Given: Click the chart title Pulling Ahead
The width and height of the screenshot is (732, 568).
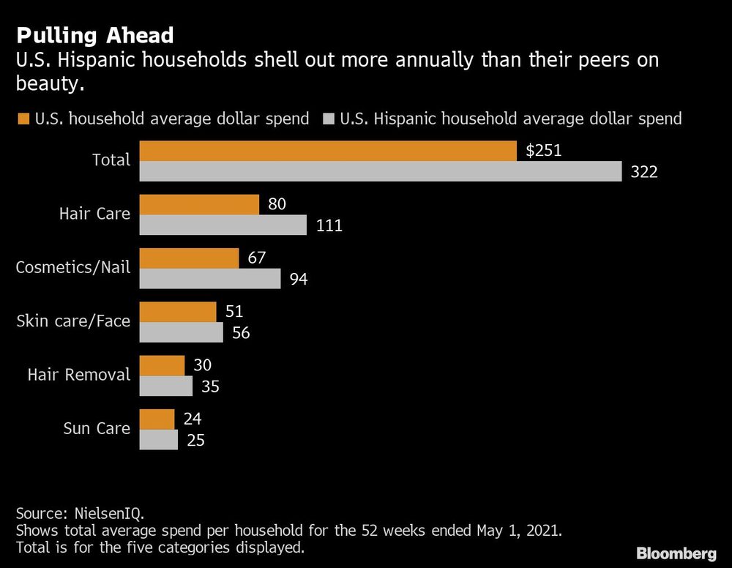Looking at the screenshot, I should coord(95,35).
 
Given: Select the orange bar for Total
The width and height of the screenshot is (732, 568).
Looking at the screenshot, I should coord(329,151).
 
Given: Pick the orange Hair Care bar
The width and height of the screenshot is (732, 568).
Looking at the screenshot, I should coord(199,204).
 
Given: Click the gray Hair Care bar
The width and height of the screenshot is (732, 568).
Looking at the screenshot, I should coord(223,225).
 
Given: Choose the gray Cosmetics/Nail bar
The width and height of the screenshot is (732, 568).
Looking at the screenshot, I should coord(209,278).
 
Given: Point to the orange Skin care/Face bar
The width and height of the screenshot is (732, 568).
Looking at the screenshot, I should coord(178,312).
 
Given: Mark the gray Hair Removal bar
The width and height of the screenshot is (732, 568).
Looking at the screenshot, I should coord(165,386).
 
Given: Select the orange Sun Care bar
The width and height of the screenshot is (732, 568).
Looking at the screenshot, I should coord(157,419).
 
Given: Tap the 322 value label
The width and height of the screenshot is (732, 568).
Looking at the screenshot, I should coord(644,172).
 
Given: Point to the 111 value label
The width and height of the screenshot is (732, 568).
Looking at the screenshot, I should coord(329,225).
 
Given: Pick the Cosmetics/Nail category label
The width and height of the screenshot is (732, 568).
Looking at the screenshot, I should coord(73,267).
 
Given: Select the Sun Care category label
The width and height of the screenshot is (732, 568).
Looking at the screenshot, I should coord(97,428).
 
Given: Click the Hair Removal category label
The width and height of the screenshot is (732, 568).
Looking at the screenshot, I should coord(79,375).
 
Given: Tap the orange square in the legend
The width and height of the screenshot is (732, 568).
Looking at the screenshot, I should coord(22,119).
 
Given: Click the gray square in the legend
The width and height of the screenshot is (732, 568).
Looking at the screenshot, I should coord(328,119).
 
